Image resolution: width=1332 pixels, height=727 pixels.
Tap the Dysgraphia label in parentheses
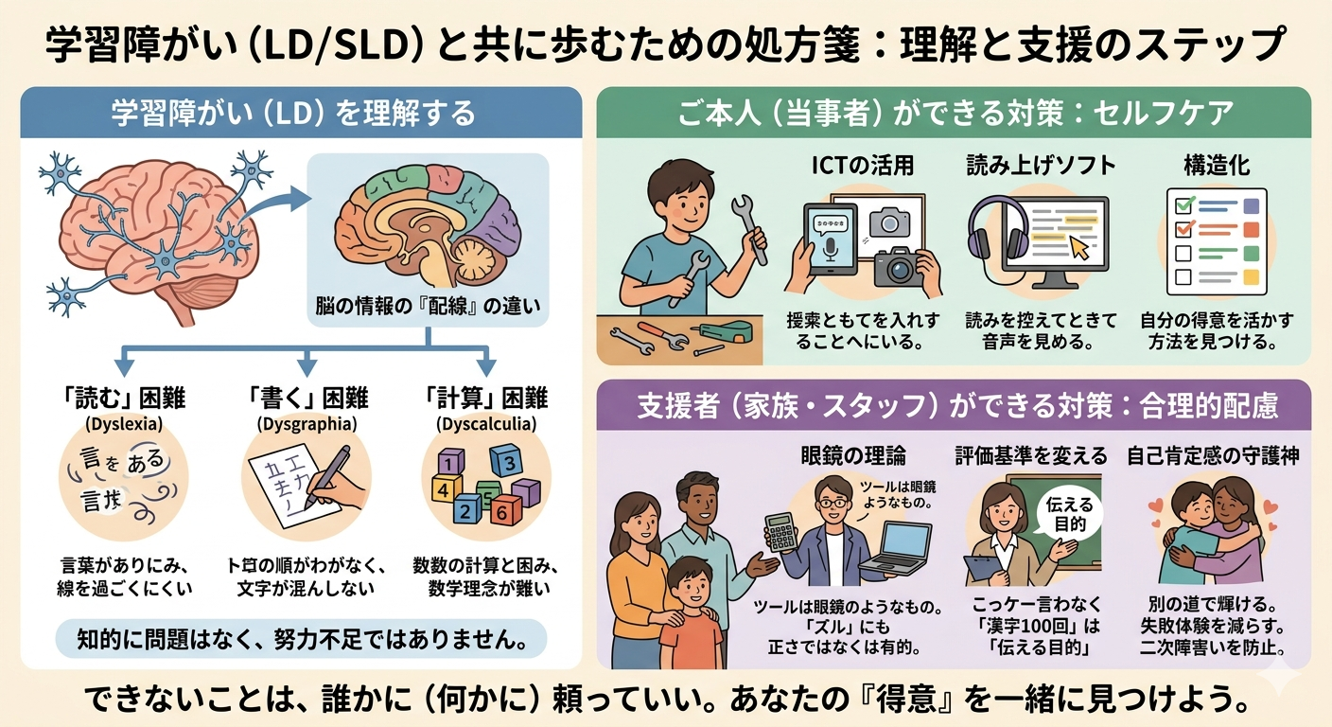[305, 423]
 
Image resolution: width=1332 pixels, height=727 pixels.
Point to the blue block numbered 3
[506, 464]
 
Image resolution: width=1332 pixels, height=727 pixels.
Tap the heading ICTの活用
[863, 166]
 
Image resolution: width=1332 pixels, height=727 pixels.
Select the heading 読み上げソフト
[1041, 166]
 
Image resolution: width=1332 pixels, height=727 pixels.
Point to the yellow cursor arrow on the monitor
[1080, 247]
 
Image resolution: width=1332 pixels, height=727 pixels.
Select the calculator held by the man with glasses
[781, 532]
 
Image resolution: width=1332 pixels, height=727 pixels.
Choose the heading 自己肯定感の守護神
[1213, 456]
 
